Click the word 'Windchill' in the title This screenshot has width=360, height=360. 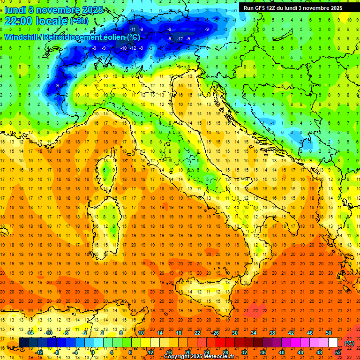coord(22,37)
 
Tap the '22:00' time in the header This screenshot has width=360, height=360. coord(20,21)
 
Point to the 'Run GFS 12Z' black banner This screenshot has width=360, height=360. coord(292,8)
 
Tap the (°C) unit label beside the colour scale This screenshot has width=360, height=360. coord(349,343)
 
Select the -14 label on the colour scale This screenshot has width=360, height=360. coord(30,333)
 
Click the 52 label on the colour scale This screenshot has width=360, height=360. coord(338,352)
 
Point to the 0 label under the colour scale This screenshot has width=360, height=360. coord(93,352)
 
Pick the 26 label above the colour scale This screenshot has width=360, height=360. coord(216,333)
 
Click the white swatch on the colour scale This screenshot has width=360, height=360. coord(333,343)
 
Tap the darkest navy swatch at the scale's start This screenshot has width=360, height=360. coord(23,343)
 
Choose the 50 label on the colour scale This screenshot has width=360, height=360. coord(329,333)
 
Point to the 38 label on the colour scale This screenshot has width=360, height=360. coord(272,333)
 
